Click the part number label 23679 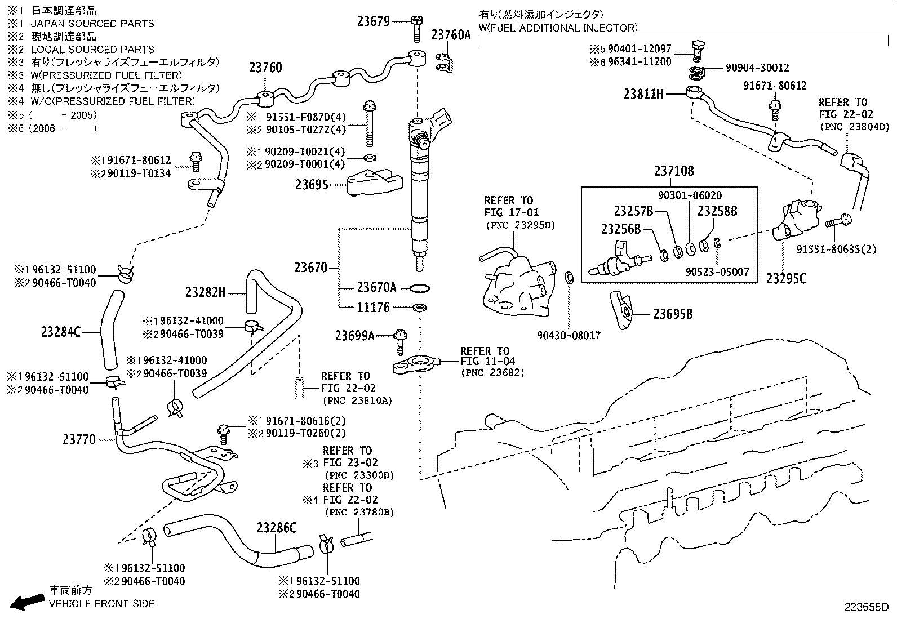tap(374, 21)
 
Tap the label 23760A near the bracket tap(451, 35)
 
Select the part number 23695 tap(312, 184)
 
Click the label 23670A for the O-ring tap(376, 288)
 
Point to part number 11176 tap(373, 308)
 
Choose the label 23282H tap(205, 292)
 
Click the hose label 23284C tap(61, 332)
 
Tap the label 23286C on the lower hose tap(276, 528)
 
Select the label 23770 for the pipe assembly tap(79, 439)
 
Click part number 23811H tap(643, 94)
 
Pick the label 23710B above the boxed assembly tap(674, 171)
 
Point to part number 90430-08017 tap(569, 335)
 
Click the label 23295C tap(786, 278)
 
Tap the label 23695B tap(673, 314)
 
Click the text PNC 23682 tap(492, 372)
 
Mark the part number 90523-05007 tap(717, 272)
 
